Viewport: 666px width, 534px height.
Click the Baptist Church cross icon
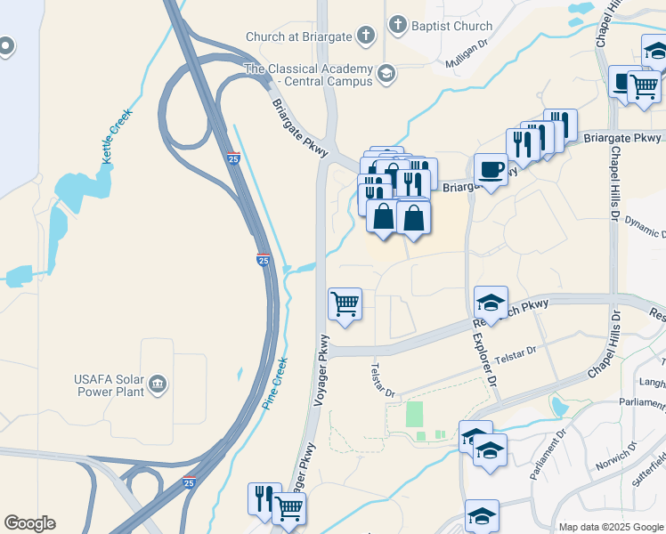click(x=397, y=26)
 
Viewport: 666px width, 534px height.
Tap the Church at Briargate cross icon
click(x=364, y=36)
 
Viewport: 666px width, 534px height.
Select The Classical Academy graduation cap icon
click(x=386, y=74)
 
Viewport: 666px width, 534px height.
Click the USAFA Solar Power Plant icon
click(x=158, y=384)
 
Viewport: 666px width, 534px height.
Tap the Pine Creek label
click(x=275, y=384)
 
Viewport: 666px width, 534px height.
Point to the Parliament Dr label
click(x=548, y=457)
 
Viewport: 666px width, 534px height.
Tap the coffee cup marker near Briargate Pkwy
click(x=491, y=169)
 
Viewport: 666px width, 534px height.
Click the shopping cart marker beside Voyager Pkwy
click(x=345, y=304)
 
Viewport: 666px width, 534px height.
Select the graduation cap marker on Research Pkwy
click(x=491, y=302)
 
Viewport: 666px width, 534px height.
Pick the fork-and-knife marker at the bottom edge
click(x=264, y=498)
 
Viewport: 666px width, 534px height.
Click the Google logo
click(x=29, y=523)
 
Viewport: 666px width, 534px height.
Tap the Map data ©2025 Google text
click(x=612, y=527)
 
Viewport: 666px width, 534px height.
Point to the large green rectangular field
click(x=415, y=414)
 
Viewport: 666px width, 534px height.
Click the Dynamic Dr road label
click(x=646, y=226)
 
